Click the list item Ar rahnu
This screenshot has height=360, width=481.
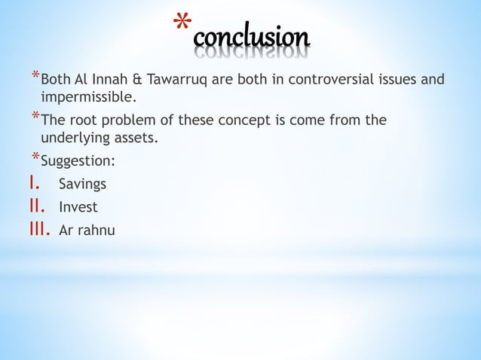(x=87, y=230)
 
